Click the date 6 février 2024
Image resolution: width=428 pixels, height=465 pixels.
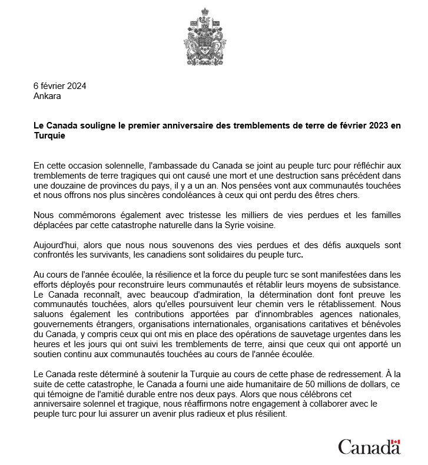pyautogui.click(x=60, y=85)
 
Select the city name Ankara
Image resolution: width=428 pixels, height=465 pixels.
pyautogui.click(x=47, y=95)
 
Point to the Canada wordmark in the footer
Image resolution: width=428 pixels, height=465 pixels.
pyautogui.click(x=369, y=447)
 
